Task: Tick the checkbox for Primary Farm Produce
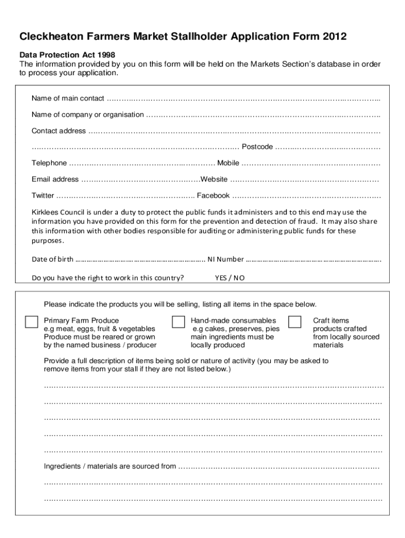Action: coord(32,322)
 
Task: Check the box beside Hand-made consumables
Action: coord(178,322)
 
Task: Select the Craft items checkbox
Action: coord(295,322)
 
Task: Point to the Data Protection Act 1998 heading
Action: coord(67,55)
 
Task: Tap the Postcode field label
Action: coord(257,147)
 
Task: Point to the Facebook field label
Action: coord(213,195)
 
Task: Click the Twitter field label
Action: coord(43,195)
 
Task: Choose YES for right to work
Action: coord(221,277)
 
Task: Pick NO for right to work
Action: coord(239,277)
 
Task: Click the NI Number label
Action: coord(226,259)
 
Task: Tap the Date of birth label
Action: coord(53,259)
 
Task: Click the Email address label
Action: coord(55,179)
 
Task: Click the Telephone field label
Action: coord(49,163)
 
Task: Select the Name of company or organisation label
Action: coord(87,115)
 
